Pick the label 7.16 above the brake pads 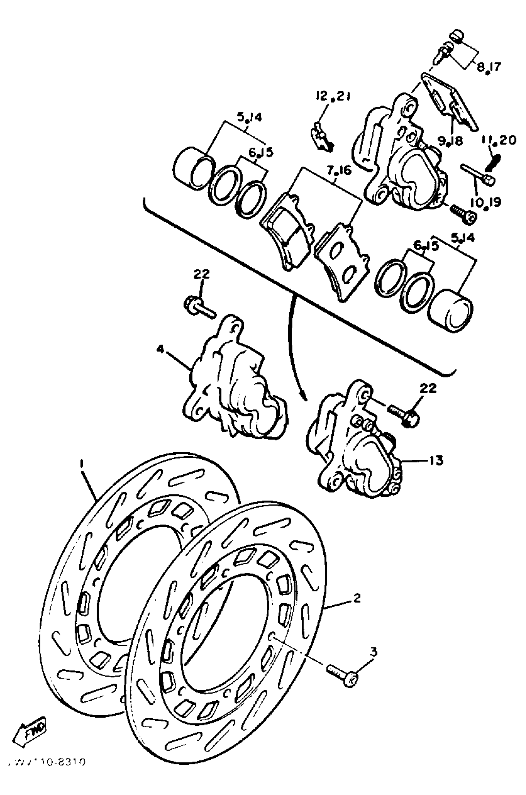click(339, 171)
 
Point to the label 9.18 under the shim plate click(451, 141)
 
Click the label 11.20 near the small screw click(499, 140)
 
